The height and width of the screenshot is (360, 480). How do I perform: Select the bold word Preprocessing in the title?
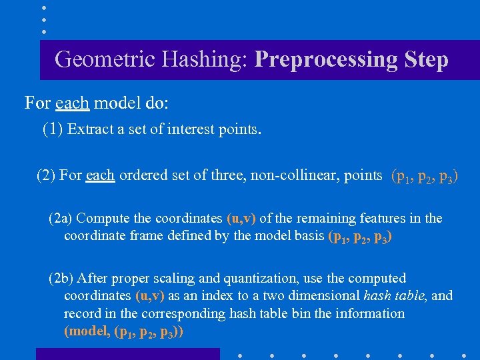click(x=325, y=60)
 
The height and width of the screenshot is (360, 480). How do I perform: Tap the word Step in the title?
click(x=425, y=60)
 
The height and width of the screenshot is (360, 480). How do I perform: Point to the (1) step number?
click(x=53, y=129)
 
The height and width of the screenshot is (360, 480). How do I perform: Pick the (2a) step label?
click(x=61, y=219)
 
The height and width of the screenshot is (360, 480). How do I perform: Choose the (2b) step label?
click(x=61, y=278)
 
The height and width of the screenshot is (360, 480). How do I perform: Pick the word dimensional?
click(x=321, y=296)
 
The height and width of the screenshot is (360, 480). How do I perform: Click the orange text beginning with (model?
click(x=123, y=331)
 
